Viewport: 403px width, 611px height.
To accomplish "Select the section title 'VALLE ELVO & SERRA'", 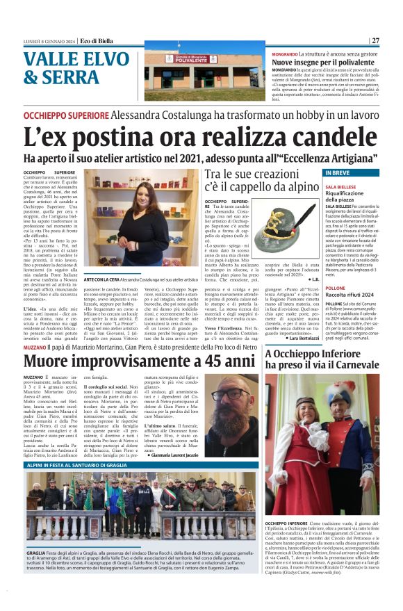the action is pos(69,68).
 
